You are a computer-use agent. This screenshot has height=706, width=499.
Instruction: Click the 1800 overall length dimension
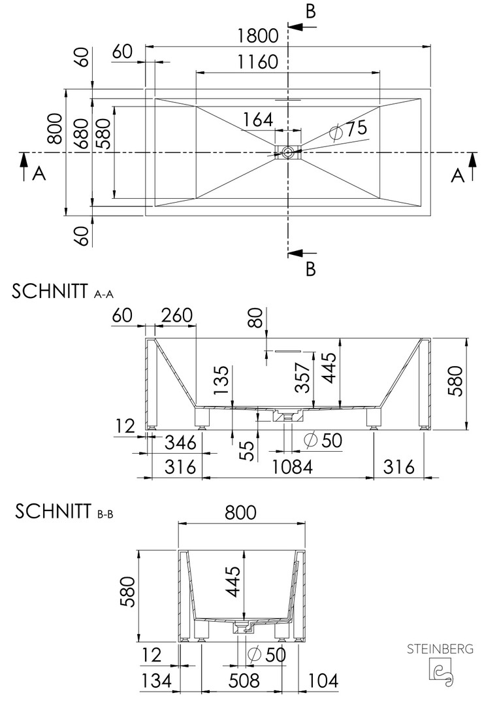258,35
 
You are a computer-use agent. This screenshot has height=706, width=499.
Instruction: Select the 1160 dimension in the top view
258,61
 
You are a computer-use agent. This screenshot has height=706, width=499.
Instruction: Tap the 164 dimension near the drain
258,120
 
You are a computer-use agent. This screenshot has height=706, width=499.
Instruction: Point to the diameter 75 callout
348,129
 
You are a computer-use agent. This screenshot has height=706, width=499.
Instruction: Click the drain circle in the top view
288,152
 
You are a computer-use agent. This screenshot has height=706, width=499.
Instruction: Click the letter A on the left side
39,173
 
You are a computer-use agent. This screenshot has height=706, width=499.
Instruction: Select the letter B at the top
310,12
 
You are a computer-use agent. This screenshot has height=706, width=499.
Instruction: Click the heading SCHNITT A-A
63,292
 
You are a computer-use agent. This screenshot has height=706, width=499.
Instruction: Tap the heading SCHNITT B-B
64,512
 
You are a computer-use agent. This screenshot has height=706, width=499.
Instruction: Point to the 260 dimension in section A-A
176,316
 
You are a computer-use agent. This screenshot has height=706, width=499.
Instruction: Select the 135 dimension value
221,380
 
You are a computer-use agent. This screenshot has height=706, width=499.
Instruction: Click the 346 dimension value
180,443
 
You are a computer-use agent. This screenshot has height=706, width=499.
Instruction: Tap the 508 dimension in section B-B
244,681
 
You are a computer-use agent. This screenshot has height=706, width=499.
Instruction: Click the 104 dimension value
323,681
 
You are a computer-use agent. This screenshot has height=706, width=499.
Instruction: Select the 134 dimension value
156,681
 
